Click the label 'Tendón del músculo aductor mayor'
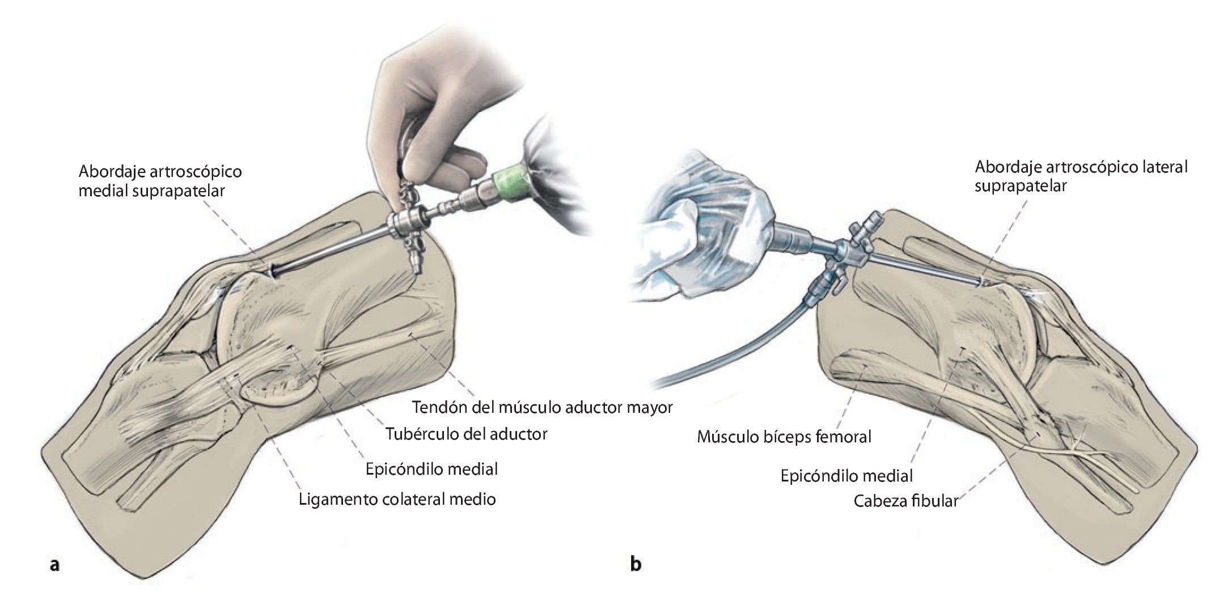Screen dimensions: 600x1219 coord(543,407)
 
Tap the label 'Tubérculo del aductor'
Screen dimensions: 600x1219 coord(467,434)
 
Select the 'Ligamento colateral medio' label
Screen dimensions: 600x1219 coord(397,499)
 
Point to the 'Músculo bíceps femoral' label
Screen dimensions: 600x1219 coord(784,437)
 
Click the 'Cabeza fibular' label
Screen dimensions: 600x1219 coord(905,501)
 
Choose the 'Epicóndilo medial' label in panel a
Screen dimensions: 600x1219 coord(431,469)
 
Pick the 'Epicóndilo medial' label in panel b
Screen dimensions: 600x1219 coord(846,475)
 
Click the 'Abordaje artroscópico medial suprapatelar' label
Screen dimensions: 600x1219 coord(160,180)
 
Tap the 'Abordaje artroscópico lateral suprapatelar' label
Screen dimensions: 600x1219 coord(1081,176)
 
